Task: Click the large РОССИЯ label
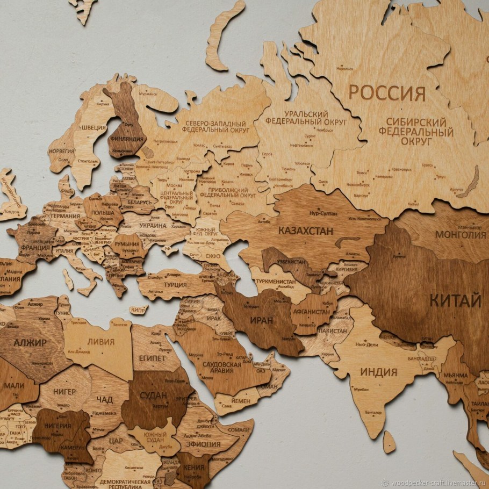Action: [386, 93]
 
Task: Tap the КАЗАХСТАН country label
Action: [305, 231]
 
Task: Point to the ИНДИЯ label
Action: [378, 372]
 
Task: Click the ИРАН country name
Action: [261, 320]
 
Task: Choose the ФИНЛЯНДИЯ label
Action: [126, 139]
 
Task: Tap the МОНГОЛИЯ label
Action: [460, 235]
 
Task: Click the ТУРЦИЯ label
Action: [175, 284]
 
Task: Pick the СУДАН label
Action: [153, 396]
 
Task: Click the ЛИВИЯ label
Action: [101, 342]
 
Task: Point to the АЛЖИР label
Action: [30, 342]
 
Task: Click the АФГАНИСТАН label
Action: [311, 312]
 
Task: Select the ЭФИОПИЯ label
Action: [203, 444]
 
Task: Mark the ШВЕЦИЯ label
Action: [94, 127]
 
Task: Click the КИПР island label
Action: [139, 310]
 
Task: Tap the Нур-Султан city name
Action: [323, 213]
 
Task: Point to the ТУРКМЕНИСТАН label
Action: [275, 282]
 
